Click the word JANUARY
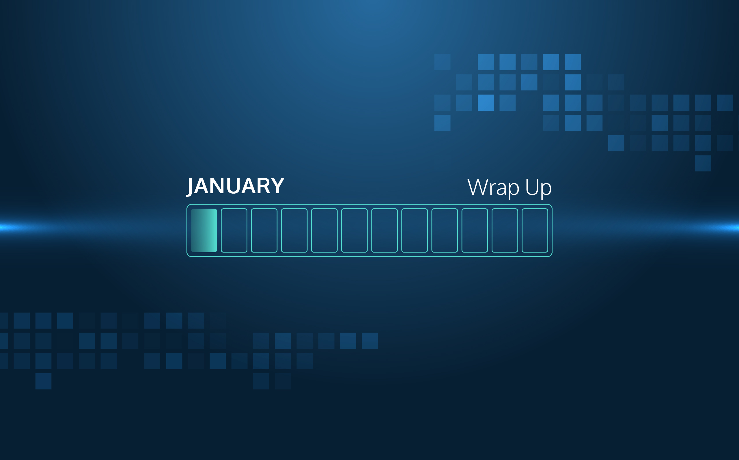click(x=236, y=186)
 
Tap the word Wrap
click(x=493, y=188)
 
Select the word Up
click(x=538, y=188)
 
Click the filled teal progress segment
click(x=204, y=230)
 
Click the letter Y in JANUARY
click(x=277, y=186)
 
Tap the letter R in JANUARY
click(x=263, y=186)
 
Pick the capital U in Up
click(x=531, y=187)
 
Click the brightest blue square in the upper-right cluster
click(x=486, y=103)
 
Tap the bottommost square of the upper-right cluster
click(x=703, y=163)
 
